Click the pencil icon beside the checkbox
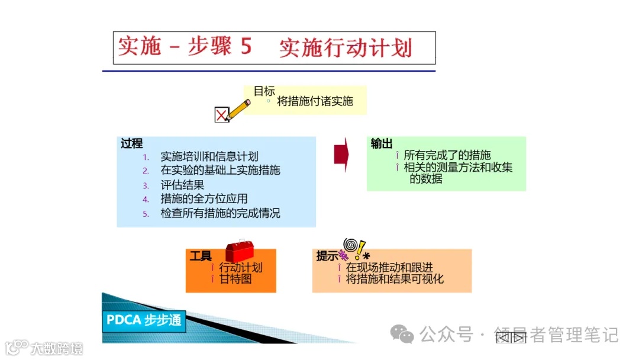[238, 110]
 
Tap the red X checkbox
[221, 115]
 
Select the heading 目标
[264, 91]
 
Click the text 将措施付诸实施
[315, 101]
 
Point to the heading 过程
[131, 144]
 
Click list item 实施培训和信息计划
[209, 157]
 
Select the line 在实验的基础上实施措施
[220, 171]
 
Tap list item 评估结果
[182, 185]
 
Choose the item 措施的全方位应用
[204, 199]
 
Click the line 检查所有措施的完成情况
[220, 213]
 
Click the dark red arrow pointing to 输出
[341, 155]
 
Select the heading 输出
[382, 144]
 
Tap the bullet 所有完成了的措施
[447, 156]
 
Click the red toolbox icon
[240, 250]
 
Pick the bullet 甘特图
[235, 279]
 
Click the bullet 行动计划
[240, 268]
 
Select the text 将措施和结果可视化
[395, 279]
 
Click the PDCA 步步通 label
[144, 320]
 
